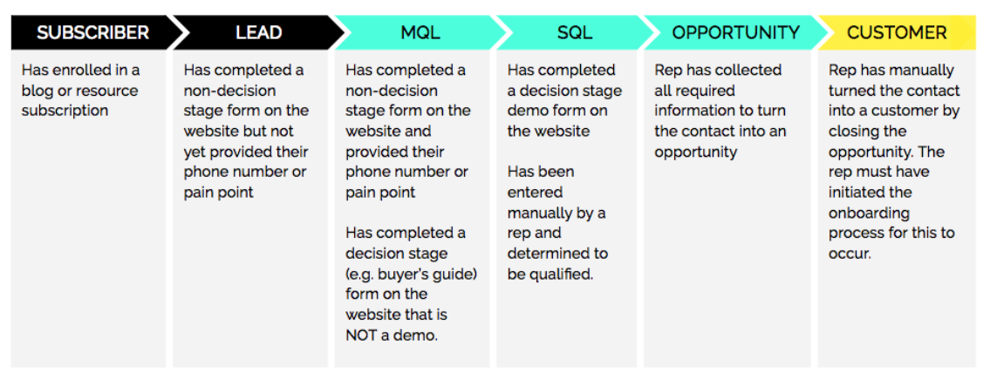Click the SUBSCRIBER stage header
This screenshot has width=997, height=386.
92,32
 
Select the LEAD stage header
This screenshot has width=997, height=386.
259,32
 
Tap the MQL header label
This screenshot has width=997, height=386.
420,32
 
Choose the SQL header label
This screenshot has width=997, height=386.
575,32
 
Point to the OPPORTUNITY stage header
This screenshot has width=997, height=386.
735,32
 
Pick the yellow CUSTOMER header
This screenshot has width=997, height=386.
897,32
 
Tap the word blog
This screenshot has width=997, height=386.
37,90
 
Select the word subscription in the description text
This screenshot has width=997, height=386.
65,112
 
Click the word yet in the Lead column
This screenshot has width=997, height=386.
195,152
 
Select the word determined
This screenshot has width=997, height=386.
557,254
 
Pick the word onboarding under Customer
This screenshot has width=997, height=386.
869,213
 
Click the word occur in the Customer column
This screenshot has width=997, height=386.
850,254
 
